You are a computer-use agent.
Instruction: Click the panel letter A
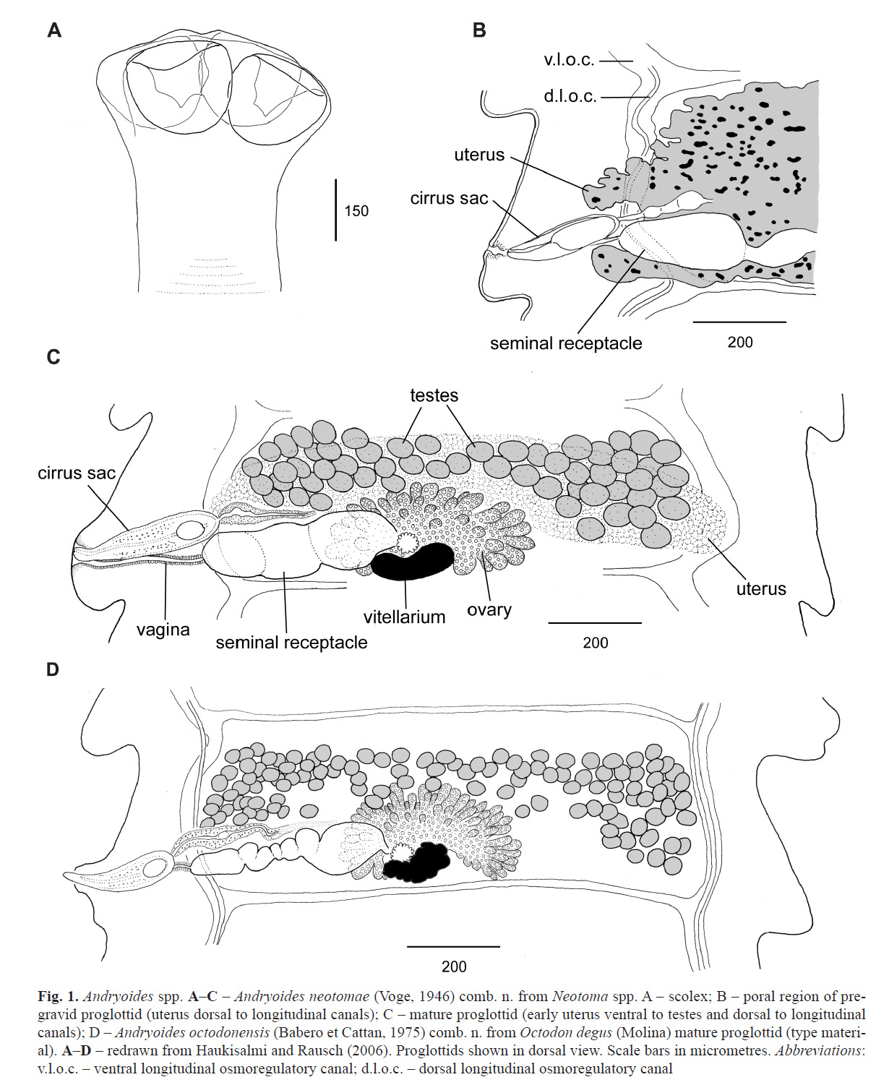[54, 30]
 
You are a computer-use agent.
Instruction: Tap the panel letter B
[479, 30]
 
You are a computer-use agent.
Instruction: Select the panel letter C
[53, 357]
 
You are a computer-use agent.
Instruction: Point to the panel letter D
[53, 669]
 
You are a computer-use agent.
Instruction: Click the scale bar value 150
[356, 211]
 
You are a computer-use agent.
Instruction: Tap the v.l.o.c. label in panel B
[569, 60]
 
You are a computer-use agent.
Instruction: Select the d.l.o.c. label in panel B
[570, 96]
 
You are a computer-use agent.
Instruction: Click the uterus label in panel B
[479, 155]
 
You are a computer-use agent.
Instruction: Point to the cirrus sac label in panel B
[449, 198]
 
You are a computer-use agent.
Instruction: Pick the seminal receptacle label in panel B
[566, 343]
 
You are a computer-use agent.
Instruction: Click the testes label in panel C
[434, 395]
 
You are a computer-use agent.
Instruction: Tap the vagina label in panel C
[163, 630]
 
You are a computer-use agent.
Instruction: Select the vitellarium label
[404, 617]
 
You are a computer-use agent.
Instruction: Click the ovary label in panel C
[489, 610]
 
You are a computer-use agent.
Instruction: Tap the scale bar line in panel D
[453, 946]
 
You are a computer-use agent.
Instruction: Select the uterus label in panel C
[761, 588]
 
